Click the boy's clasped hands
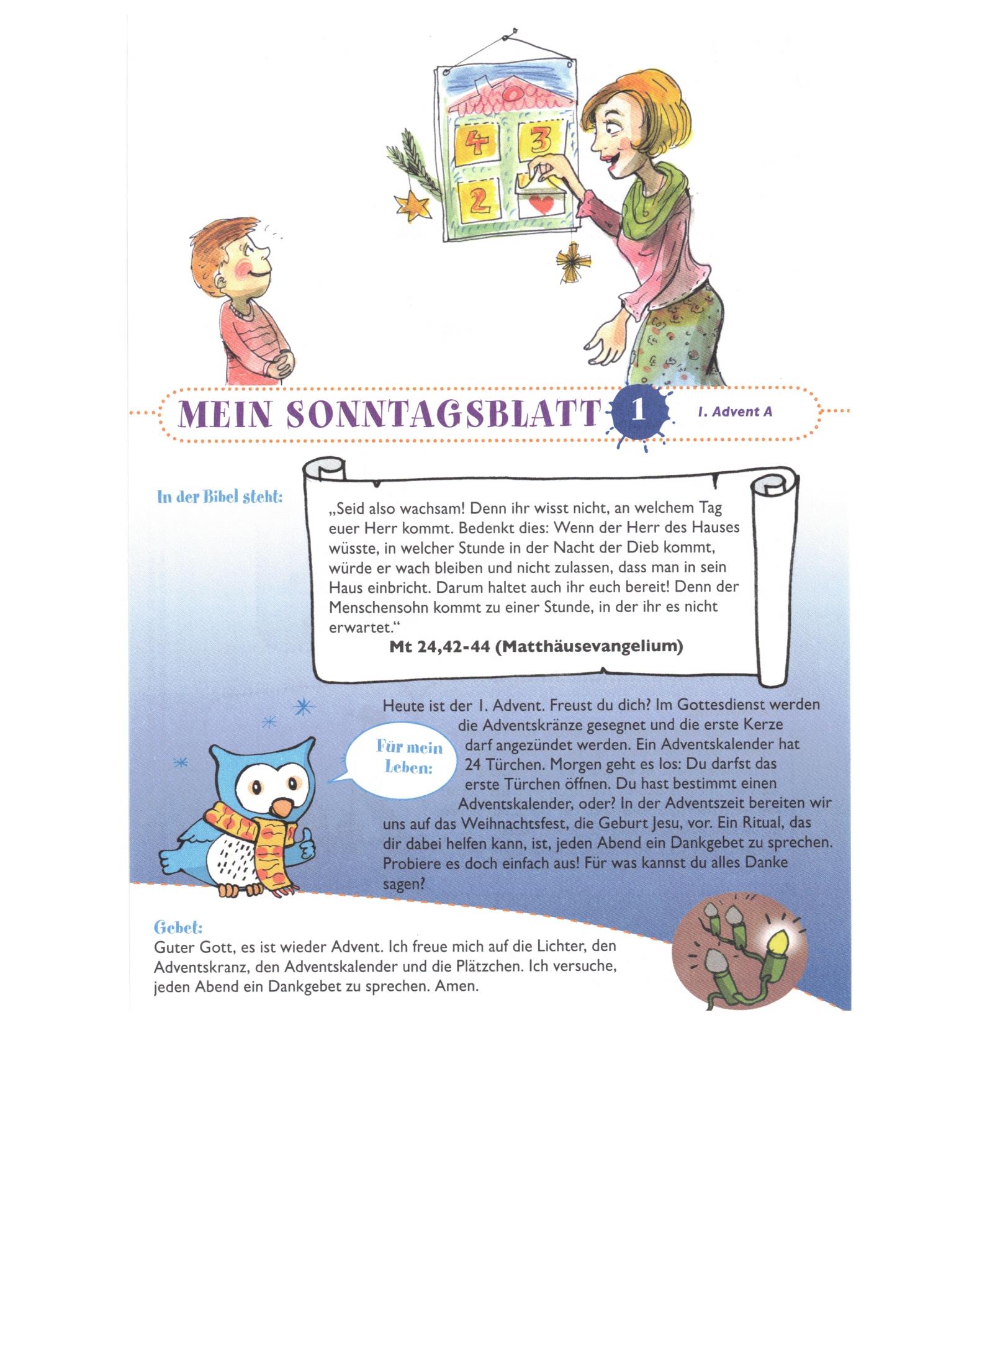click(283, 361)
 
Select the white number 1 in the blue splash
click(638, 412)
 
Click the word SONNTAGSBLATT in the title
click(443, 413)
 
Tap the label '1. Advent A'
click(735, 411)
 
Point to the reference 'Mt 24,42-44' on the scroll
click(440, 646)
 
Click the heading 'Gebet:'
click(178, 927)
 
